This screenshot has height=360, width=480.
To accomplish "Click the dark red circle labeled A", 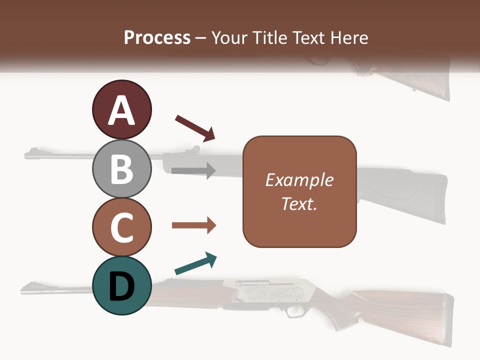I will [121, 109].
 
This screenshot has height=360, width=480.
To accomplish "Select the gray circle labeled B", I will [121, 168].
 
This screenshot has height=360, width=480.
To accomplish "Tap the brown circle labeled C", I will [121, 227].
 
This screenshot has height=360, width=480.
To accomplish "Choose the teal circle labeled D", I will [121, 285].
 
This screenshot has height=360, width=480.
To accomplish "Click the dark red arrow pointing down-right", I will [195, 128].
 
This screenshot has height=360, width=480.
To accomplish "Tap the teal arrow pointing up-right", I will [195, 263].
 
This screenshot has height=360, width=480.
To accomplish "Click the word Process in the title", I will [157, 37].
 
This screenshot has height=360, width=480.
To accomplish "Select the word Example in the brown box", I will [299, 180].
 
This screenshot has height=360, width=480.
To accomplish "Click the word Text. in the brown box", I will [299, 203].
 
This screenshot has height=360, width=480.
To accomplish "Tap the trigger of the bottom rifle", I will [292, 311].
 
